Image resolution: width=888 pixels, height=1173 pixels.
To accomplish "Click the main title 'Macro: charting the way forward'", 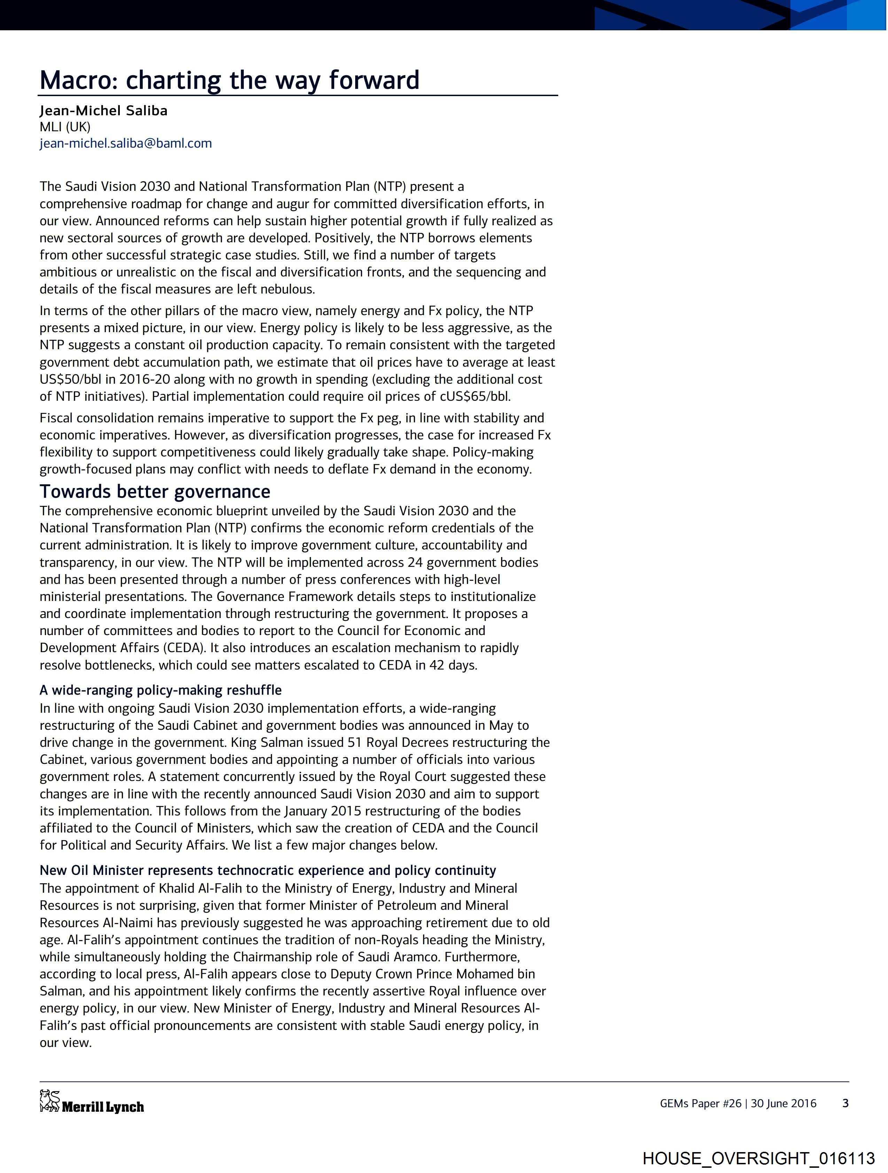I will tap(229, 80).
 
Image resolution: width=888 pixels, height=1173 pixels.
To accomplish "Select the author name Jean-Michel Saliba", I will tap(103, 110).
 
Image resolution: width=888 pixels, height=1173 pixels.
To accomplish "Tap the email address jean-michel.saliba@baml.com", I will tap(126, 143).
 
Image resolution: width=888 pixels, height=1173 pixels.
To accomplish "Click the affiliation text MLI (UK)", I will tap(65, 127).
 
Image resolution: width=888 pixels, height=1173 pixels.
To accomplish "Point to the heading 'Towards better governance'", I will tap(155, 492).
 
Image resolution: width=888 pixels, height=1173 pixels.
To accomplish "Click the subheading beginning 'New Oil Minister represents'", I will tap(268, 870).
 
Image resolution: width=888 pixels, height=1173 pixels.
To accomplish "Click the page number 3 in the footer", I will tap(846, 1103).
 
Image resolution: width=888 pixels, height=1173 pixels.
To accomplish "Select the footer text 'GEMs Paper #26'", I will tap(700, 1103).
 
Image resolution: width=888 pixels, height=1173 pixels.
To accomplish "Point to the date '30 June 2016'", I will tap(784, 1103).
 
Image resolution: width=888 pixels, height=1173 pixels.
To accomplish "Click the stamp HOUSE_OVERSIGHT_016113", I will tap(758, 1158).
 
